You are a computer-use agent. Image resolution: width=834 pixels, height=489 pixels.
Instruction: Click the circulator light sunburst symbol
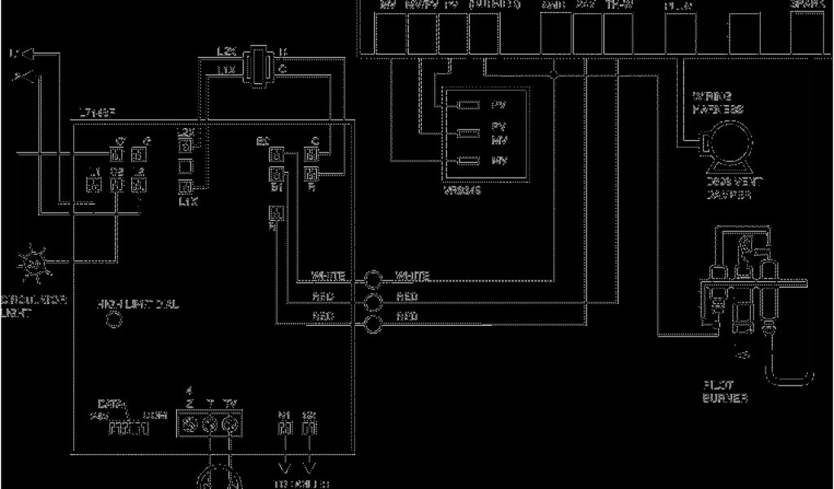[x=33, y=262]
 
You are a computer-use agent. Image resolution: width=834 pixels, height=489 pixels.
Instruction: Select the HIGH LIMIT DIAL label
[x=138, y=304]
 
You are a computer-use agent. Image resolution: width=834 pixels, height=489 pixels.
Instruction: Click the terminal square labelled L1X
[x=186, y=187]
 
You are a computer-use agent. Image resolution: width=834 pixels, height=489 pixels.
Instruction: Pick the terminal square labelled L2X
[x=186, y=146]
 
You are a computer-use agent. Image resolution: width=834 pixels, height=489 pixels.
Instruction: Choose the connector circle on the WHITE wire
[x=373, y=279]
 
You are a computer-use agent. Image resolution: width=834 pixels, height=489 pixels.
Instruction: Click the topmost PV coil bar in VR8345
[x=468, y=105]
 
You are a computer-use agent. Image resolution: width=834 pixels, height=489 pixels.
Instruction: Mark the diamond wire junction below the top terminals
[x=553, y=74]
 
